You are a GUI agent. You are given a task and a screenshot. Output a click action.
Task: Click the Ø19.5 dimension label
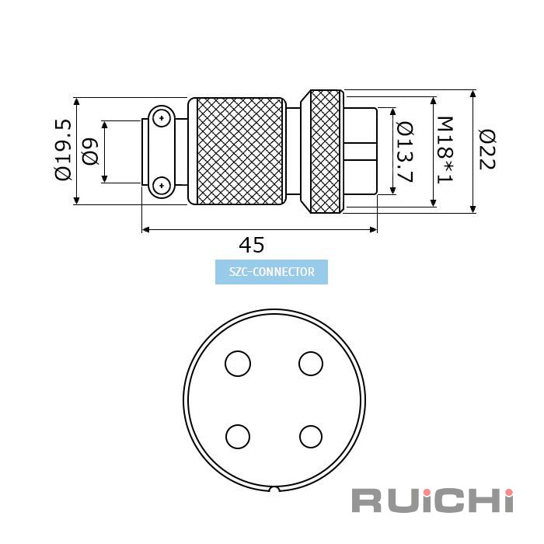pos(63,150)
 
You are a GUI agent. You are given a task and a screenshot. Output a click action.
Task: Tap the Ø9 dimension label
pos(90,152)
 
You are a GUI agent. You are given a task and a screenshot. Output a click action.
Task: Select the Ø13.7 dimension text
pos(405,152)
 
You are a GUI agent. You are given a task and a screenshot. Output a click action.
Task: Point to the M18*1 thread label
pos(445,150)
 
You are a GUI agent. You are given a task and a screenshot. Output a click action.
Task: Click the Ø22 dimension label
pos(486,149)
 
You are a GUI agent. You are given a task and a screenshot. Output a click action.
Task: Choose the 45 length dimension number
pos(252,245)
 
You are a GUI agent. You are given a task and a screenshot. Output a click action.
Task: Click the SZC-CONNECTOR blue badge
pos(271,272)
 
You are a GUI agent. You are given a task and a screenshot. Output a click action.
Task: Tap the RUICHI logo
pos(432,500)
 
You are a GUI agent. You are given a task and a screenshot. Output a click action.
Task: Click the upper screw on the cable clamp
pos(162,118)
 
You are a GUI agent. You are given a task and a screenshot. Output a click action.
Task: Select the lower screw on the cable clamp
pos(162,186)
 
